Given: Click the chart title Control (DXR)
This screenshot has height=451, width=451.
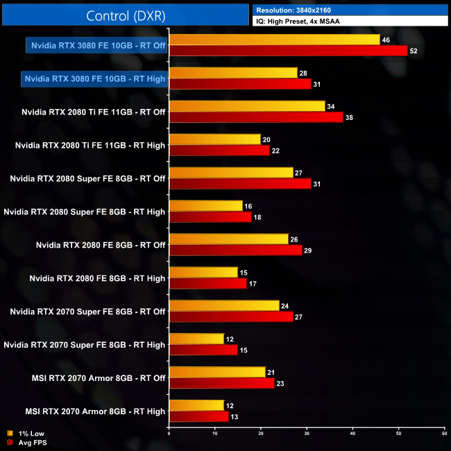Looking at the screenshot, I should (126, 15).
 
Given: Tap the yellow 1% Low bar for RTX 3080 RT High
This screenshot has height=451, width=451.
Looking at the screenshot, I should (232, 73).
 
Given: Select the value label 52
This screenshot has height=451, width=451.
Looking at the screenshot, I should (414, 51).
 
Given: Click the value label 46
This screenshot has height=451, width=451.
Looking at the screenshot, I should (386, 40).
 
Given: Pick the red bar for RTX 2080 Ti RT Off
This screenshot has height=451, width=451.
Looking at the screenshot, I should (256, 117).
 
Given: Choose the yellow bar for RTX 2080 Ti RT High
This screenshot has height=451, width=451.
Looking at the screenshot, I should (214, 139).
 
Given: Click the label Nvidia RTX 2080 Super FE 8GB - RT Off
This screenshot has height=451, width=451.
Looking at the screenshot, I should (87, 178).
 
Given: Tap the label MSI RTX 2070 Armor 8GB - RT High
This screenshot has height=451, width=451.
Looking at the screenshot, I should (95, 411).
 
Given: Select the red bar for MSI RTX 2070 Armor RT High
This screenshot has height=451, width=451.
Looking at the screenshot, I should (198, 416).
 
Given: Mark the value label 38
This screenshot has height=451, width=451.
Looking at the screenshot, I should (349, 117).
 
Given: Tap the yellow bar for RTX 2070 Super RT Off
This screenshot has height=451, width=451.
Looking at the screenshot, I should (223, 306).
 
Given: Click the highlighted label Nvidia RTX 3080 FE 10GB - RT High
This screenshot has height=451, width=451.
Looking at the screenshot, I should (94, 78).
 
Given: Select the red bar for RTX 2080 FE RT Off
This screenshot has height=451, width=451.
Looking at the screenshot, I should (235, 250).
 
